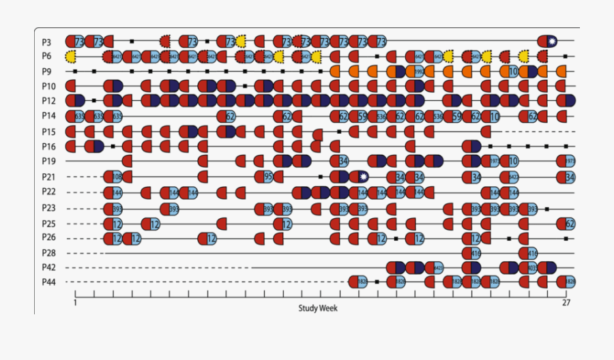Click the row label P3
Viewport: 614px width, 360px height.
point(46,42)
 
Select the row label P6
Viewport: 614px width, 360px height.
point(46,57)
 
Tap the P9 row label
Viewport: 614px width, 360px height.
point(46,72)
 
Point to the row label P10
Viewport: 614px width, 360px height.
point(48,87)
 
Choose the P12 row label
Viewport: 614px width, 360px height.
point(48,101)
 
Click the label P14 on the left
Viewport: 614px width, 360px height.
point(48,116)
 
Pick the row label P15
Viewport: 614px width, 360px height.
point(48,132)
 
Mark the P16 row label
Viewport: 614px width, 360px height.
point(48,147)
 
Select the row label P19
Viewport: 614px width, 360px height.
point(48,162)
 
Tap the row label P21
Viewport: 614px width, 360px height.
point(48,177)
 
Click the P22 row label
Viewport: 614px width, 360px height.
point(48,192)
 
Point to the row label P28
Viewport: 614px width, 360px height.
point(48,253)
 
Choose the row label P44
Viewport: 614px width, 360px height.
point(48,282)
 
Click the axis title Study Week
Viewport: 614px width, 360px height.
point(317,308)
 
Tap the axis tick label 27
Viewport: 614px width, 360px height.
point(565,303)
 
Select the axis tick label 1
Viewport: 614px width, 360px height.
point(74,303)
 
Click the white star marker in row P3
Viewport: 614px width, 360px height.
point(552,42)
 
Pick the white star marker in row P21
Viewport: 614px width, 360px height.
point(364,177)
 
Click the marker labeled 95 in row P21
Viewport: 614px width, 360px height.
point(268,177)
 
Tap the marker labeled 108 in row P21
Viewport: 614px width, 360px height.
point(117,177)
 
